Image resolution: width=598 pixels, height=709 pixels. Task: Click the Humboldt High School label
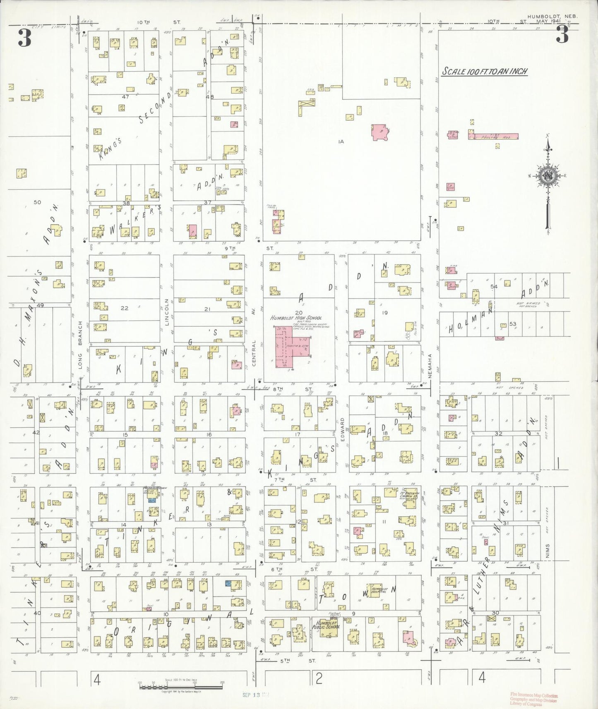(296, 318)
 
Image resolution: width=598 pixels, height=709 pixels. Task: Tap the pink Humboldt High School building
(290, 347)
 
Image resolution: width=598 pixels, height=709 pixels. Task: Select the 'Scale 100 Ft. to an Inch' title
(485, 71)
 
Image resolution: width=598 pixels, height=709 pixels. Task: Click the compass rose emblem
(548, 175)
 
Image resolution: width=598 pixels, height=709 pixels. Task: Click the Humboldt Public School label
(327, 624)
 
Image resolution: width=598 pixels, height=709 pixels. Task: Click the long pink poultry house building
(493, 137)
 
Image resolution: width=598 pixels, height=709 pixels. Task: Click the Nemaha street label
(430, 366)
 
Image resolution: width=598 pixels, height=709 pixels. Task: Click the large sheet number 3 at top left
(24, 38)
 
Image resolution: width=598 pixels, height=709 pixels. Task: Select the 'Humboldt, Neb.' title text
(552, 17)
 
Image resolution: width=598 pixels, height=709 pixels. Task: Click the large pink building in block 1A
(380, 132)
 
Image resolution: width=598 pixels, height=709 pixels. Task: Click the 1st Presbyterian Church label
(408, 495)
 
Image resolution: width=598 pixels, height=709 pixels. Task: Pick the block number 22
(125, 308)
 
